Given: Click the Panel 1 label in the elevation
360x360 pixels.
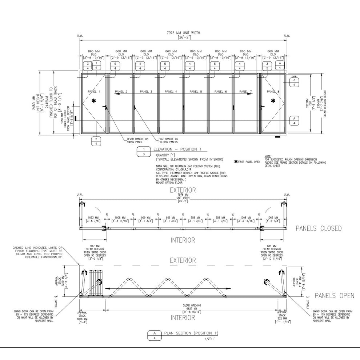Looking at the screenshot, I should point(93,92).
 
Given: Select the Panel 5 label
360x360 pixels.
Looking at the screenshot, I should point(196,92).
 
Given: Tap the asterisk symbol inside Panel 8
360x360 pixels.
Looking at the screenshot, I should point(273,100).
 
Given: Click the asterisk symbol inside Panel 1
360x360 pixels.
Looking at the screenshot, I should point(94,100).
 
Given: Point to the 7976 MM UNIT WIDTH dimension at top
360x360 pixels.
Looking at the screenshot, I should point(184,33).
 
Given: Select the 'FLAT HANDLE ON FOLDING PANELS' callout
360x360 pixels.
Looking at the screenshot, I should point(168,140).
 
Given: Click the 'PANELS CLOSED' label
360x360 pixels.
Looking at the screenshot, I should point(319,228).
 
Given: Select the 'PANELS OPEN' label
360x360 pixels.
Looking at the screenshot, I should point(334,296).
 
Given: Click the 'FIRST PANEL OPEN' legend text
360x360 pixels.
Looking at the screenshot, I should point(249,161).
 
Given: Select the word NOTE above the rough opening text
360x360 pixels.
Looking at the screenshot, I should point(268,156).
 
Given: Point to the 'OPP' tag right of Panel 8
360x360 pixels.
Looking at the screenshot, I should point(294,77).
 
